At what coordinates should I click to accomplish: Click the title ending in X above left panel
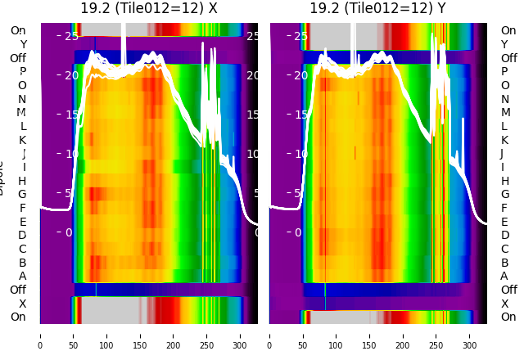coord(149,8)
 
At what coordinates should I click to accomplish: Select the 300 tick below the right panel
coord(470,335)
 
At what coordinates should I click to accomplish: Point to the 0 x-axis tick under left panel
coord(40,335)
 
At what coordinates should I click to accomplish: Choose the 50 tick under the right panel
coord(303,335)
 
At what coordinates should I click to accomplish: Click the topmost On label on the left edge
coord(18,30)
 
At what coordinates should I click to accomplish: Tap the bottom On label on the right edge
coord(508,317)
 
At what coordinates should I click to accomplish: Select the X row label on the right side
coord(504,304)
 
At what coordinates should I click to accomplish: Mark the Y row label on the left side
coord(23,44)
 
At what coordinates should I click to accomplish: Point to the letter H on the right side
coord(504,181)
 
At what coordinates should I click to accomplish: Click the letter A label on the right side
coord(504,276)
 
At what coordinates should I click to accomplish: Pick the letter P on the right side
coord(504,72)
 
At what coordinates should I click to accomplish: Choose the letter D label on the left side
coord(22,235)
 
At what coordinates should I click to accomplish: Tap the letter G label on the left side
coord(22,194)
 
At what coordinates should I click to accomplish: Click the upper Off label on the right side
coord(508,58)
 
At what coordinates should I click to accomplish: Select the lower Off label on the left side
coord(18,290)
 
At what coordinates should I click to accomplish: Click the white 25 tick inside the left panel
coord(71,36)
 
